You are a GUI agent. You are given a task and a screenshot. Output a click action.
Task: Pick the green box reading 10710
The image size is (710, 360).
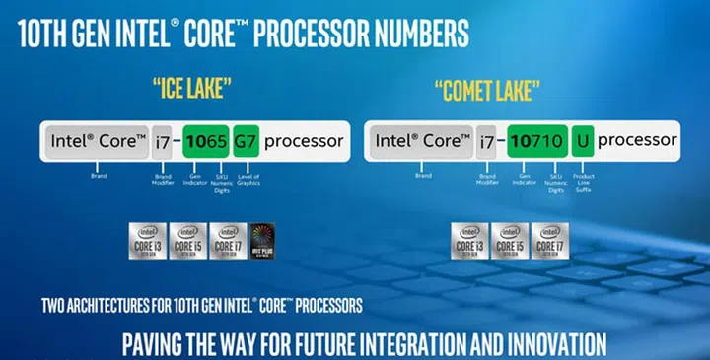(534, 141)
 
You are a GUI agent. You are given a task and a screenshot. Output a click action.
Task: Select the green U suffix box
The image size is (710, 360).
(583, 141)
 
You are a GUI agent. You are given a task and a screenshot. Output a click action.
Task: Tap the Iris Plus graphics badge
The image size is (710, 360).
(263, 241)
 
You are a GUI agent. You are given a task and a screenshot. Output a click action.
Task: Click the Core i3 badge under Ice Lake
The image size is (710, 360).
(148, 241)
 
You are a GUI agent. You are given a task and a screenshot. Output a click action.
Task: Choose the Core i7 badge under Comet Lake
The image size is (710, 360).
(548, 241)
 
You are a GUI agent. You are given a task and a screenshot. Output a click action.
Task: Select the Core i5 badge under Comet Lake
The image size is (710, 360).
(509, 241)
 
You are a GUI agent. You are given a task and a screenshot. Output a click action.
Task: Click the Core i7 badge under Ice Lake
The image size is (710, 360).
(226, 241)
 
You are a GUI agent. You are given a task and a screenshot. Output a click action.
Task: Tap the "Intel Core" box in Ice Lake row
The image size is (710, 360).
(98, 141)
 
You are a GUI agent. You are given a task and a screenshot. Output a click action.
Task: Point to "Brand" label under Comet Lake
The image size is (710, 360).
(423, 175)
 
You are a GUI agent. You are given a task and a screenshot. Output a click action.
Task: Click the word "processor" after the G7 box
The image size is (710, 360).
(304, 141)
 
